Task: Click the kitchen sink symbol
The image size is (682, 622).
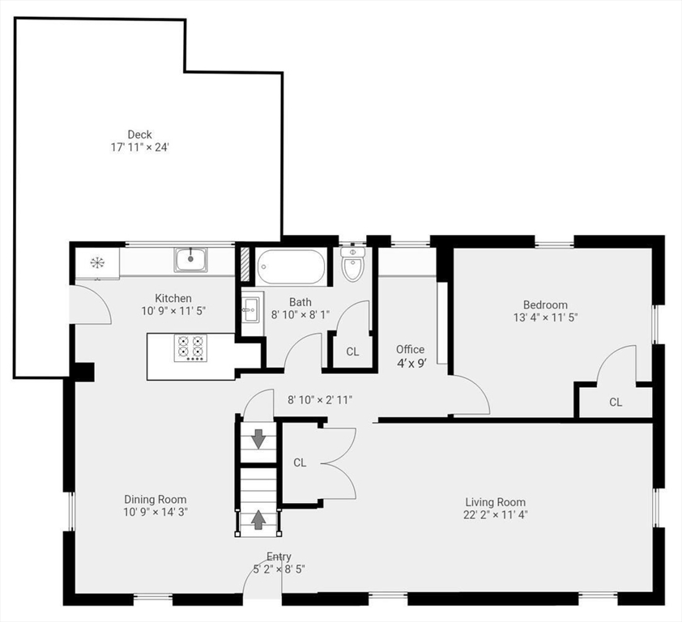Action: (190, 260)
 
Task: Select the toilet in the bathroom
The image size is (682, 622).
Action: (352, 264)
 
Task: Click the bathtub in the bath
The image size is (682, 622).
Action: (291, 265)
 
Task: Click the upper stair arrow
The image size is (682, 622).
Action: (258, 439)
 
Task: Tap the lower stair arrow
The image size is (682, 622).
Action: (258, 519)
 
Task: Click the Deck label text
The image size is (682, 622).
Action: (139, 134)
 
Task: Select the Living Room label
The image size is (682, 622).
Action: (495, 501)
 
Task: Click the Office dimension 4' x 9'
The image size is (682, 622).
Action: (411, 363)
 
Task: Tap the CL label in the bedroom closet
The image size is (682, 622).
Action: (616, 402)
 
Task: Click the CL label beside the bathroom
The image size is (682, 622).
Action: (352, 351)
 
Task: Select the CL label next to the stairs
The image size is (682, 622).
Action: (300, 462)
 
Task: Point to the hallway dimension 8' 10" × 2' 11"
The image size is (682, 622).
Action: (320, 399)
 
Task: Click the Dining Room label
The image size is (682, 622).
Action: (155, 500)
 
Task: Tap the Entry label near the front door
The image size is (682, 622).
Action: (279, 556)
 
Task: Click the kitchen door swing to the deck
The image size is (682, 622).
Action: (92, 305)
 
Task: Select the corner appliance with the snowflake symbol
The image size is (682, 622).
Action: (96, 262)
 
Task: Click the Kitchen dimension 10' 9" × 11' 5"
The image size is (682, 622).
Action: (173, 311)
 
